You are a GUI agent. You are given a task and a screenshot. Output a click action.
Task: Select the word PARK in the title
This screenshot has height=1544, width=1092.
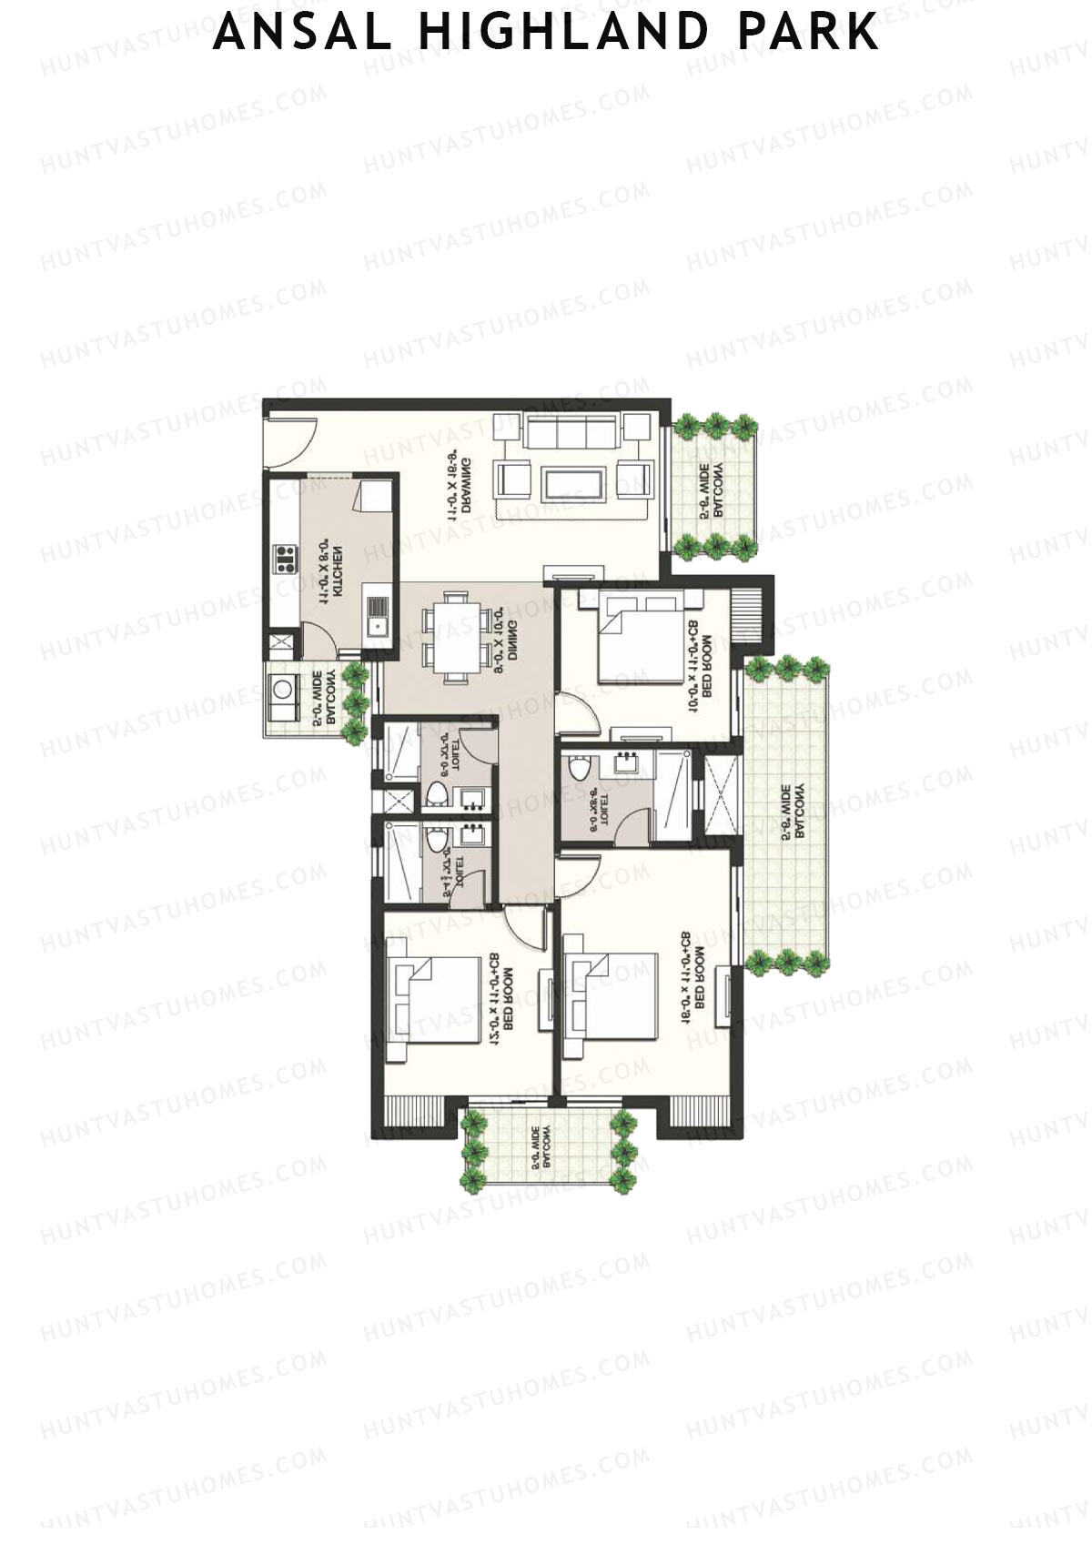pyautogui.click(x=808, y=33)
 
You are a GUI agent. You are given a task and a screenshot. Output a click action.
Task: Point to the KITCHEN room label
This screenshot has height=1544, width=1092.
pyautogui.click(x=330, y=571)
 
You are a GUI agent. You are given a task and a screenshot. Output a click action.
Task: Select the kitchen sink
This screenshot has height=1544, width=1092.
pyautogui.click(x=376, y=617)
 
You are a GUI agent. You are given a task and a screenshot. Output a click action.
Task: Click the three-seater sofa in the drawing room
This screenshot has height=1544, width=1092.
pyautogui.click(x=572, y=430)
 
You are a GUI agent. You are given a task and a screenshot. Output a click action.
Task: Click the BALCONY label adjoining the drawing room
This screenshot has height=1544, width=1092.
pyautogui.click(x=712, y=491)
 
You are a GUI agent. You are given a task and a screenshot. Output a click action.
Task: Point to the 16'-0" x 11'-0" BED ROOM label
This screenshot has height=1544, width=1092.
pyautogui.click(x=693, y=979)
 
